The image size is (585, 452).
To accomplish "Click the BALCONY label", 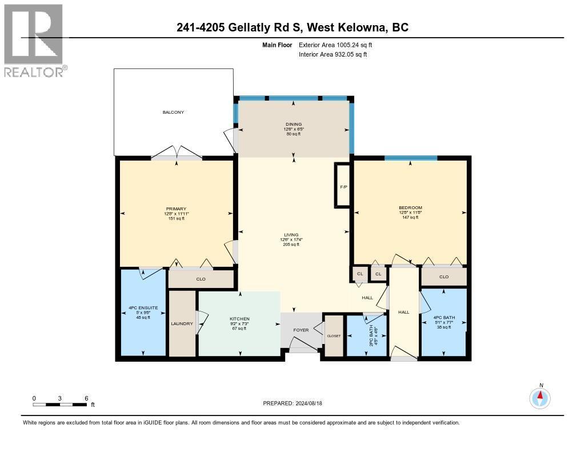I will (x=173, y=113).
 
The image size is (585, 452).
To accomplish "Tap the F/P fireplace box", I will (x=343, y=186).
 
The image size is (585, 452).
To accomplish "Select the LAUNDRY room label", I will (x=182, y=324).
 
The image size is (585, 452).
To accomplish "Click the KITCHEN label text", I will (x=239, y=319).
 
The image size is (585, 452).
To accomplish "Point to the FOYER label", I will (x=301, y=330).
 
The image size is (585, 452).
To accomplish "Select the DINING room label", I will (x=294, y=125).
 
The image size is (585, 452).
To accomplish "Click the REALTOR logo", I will (x=34, y=40).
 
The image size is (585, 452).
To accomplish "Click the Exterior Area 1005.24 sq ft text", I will (x=338, y=45).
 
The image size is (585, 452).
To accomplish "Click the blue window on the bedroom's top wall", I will (x=410, y=158).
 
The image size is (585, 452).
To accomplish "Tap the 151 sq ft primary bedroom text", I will (x=176, y=219).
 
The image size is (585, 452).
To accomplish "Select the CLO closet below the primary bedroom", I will (x=201, y=279).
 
